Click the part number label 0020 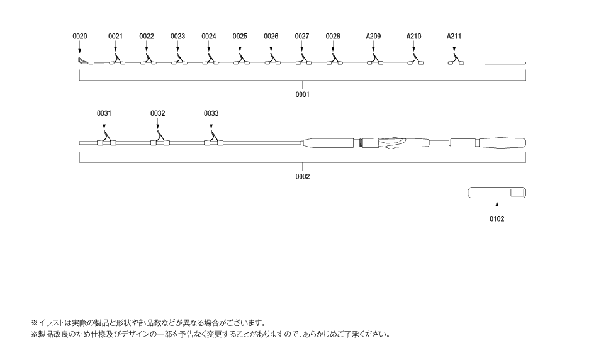tap(80, 37)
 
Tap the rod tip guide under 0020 tap(81, 60)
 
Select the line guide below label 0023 tap(179, 59)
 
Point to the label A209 tap(373, 37)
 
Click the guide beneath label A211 tap(456, 59)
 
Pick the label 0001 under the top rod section tap(303, 94)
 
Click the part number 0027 tap(302, 37)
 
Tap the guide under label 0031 tap(106, 139)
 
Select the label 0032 tap(157, 113)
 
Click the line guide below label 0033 tap(213, 139)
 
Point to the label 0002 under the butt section tap(303, 176)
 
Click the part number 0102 tap(497, 218)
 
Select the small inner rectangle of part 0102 tap(517, 193)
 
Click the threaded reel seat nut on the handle tap(369, 143)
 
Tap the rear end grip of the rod tap(502, 143)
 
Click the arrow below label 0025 tap(240, 46)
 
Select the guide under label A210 tap(415, 59)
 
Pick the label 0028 tap(333, 37)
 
